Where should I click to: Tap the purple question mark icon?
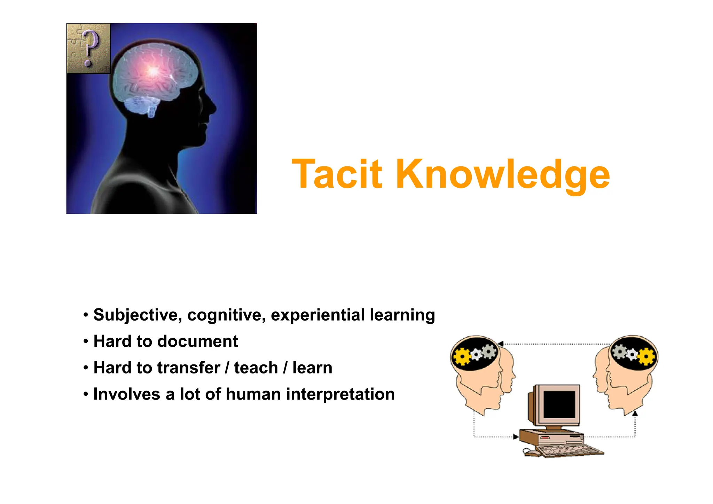89,48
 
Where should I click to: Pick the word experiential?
318,315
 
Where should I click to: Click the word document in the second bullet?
197,341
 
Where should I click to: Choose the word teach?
256,368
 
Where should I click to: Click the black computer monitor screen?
559,404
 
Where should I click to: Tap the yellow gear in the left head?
462,356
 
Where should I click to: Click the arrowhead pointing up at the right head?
635,414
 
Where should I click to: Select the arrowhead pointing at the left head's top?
501,344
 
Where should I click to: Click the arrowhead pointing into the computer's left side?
516,436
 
